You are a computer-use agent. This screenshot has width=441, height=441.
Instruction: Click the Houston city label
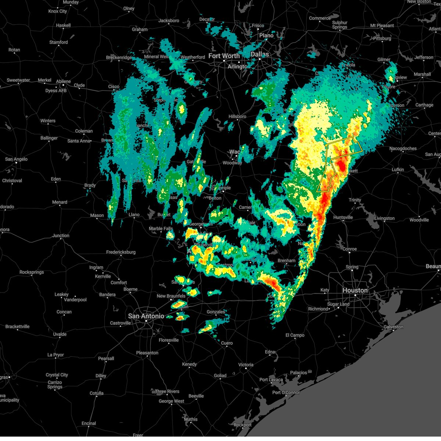click(355, 290)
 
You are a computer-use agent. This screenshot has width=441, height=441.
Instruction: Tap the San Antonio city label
click(146, 316)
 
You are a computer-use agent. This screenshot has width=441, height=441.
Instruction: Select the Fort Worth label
click(224, 56)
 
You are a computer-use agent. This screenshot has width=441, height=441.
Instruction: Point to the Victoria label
click(245, 365)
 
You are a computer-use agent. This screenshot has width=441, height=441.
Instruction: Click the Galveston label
click(393, 327)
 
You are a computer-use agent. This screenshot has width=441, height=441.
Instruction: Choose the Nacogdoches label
click(403, 148)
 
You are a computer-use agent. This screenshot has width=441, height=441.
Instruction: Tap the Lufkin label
click(398, 169)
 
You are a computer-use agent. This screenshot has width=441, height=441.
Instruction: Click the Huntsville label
click(343, 217)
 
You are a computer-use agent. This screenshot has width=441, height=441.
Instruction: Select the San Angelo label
click(16, 159)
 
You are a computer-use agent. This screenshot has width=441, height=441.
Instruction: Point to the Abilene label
click(63, 81)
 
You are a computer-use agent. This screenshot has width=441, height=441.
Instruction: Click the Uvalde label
click(60, 334)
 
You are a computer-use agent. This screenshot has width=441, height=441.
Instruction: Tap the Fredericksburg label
click(121, 252)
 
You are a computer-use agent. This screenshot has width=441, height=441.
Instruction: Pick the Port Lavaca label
click(271, 380)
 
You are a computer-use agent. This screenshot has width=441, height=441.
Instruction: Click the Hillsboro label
click(237, 116)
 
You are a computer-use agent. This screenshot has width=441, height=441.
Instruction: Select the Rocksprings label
click(32, 272)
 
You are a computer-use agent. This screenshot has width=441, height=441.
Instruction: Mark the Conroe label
click(349, 249)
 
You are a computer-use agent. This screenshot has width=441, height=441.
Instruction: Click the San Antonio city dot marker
click(146, 321)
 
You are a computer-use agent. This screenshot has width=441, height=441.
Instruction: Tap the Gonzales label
click(216, 312)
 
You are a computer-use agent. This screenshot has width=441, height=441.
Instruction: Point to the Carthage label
click(424, 105)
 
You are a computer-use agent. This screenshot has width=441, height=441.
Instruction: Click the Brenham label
click(286, 261)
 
